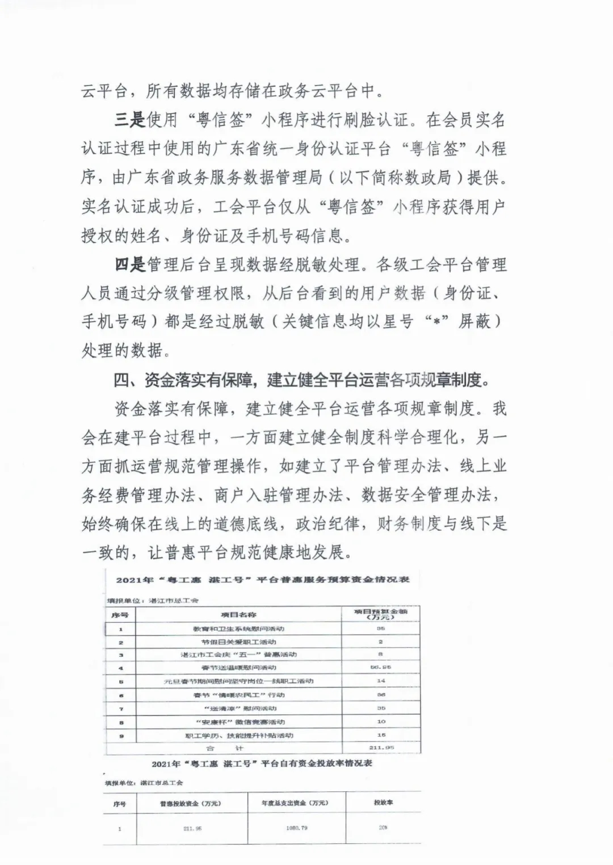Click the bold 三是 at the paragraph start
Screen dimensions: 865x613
coord(130,121)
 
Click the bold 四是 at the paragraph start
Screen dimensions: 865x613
coord(130,264)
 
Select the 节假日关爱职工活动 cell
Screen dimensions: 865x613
coord(238,642)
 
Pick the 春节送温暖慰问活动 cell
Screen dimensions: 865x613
coord(238,668)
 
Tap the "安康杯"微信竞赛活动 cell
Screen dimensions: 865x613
coord(238,722)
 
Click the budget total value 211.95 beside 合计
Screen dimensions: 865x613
coord(381,748)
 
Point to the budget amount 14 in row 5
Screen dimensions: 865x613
coord(381,681)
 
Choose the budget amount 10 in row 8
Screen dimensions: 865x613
coord(381,722)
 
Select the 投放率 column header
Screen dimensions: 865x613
coord(383,803)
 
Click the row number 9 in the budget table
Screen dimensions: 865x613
coord(121,736)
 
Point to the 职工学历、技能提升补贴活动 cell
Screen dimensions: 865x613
coord(238,736)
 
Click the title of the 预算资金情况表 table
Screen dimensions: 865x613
coord(263,580)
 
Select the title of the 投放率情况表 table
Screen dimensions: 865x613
coord(262,763)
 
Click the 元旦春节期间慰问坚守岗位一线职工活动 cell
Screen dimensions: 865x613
coord(238,681)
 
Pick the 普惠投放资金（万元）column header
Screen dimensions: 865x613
coord(190,803)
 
